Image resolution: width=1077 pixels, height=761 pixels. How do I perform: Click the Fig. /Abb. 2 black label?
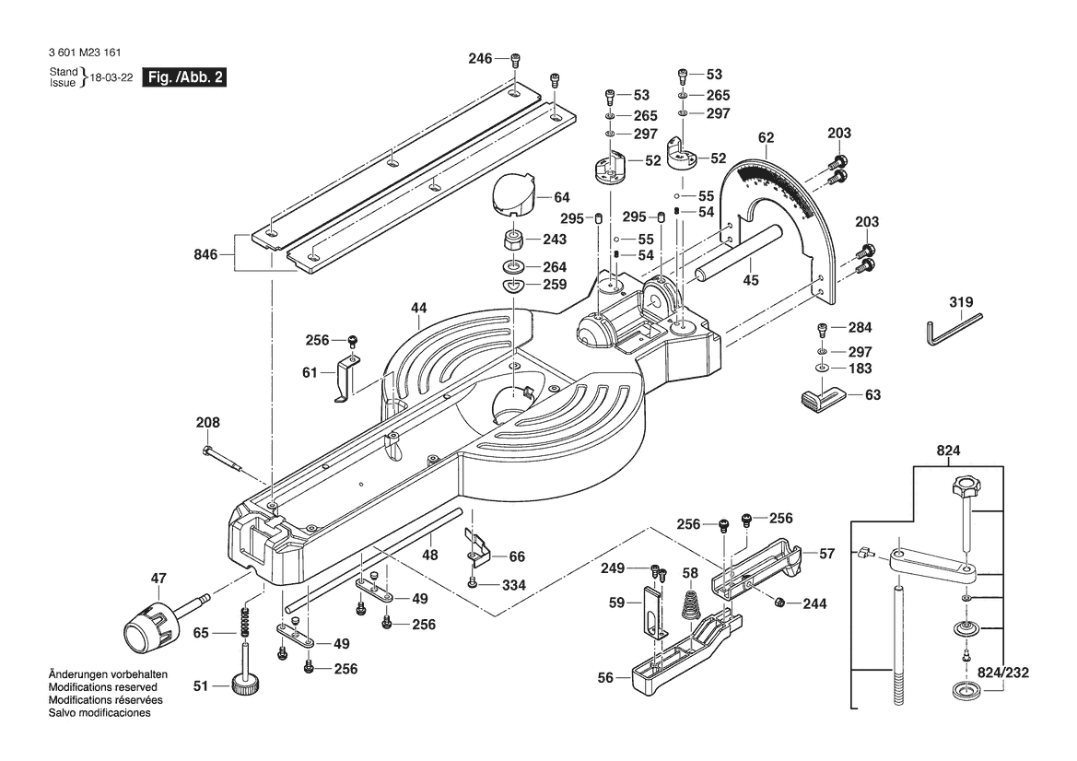tap(183, 76)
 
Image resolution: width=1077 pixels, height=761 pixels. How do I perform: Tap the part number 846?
tap(205, 254)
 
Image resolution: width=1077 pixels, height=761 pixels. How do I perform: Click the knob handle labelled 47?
tap(166, 622)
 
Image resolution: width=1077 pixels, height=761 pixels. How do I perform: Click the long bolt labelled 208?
tap(221, 459)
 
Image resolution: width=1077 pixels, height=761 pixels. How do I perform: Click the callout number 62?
tap(766, 138)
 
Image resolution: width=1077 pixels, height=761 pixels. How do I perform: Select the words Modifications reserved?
tap(103, 687)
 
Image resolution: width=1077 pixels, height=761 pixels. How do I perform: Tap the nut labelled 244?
tap(778, 603)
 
